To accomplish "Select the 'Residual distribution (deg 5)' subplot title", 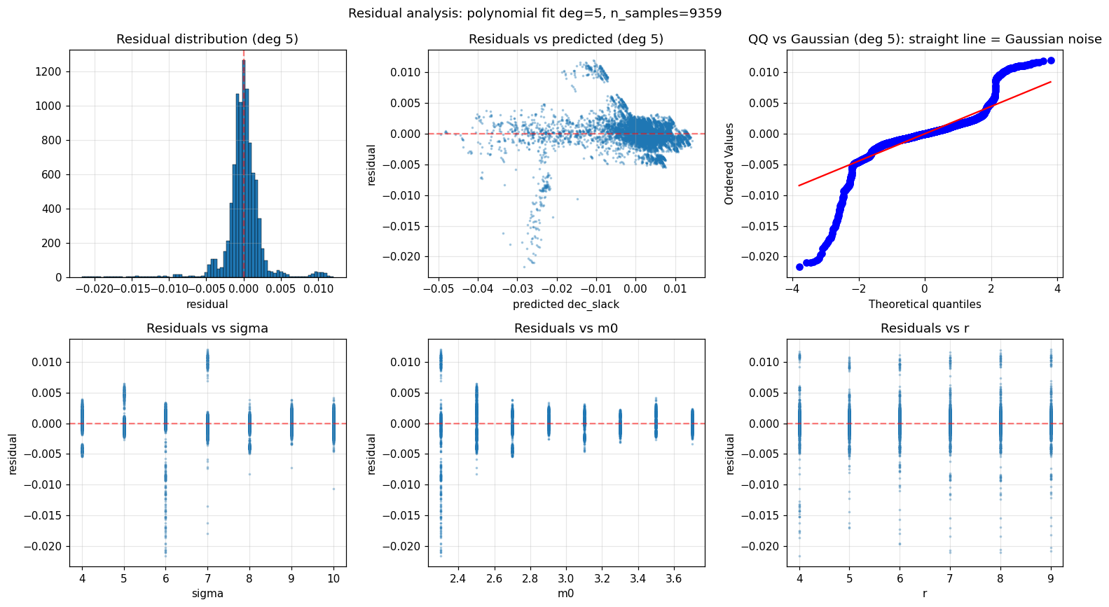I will pos(207,39).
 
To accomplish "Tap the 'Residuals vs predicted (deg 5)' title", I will pos(566,39).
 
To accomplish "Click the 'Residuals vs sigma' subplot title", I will pos(207,328).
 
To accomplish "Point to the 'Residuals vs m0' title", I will pos(566,328).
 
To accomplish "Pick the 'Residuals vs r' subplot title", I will pos(925,328).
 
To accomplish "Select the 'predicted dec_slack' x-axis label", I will pos(566,304).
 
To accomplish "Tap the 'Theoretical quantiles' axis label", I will pos(925,304).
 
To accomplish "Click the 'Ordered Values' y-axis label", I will pos(729,164).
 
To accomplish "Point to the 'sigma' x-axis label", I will pos(207,593).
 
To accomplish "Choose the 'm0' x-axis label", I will pos(566,593).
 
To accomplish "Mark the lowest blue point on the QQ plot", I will pos(799,267).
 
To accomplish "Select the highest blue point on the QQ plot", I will pos(1051,61).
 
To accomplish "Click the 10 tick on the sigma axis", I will pos(333,578).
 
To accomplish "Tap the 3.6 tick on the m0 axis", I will pos(674,578).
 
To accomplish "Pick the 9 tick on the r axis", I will pos(1051,578).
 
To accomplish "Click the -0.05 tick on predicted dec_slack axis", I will pos(438,288).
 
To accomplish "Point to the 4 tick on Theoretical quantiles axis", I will pos(1057,288).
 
